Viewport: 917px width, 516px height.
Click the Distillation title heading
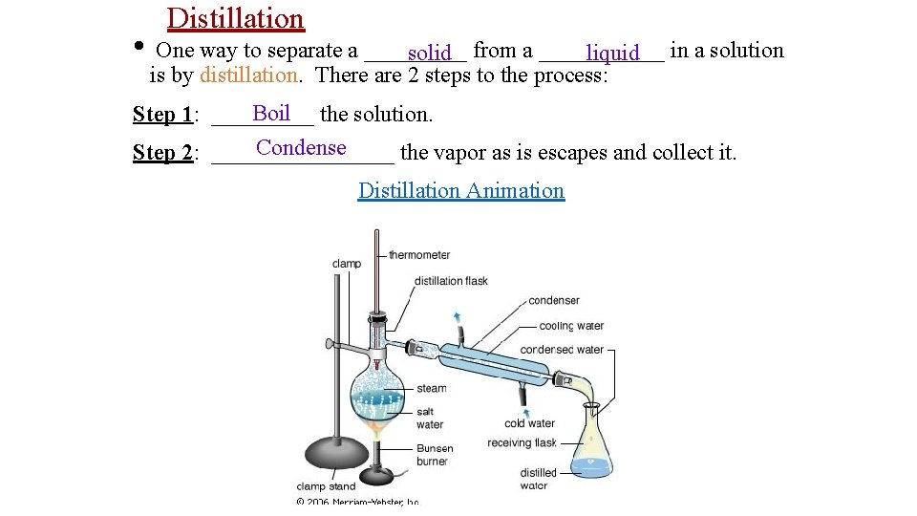pyautogui.click(x=235, y=18)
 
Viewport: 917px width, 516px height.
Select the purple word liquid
pyautogui.click(x=612, y=53)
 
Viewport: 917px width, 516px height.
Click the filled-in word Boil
pyautogui.click(x=271, y=113)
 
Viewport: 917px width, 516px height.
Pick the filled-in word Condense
pyautogui.click(x=301, y=147)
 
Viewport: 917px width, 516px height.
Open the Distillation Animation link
pyautogui.click(x=460, y=190)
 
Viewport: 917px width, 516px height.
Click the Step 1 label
pyautogui.click(x=163, y=115)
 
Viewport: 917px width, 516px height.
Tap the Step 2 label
pyautogui.click(x=163, y=153)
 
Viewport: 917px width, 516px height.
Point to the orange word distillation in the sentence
pyautogui.click(x=248, y=75)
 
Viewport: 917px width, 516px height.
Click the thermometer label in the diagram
pyautogui.click(x=418, y=255)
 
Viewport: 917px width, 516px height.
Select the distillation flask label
pyautogui.click(x=451, y=281)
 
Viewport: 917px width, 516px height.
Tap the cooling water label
pyautogui.click(x=571, y=326)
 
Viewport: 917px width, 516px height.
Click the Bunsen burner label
pyautogui.click(x=433, y=455)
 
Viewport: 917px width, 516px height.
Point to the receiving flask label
pyautogui.click(x=522, y=442)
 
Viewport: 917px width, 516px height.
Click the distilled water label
pyautogui.click(x=538, y=479)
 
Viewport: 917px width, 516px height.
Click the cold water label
pyautogui.click(x=529, y=423)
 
